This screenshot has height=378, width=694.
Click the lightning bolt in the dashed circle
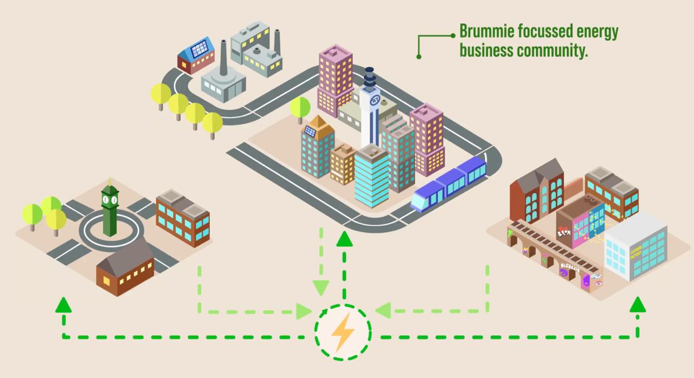click(343, 332)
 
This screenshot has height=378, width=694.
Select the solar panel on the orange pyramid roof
click(311, 131)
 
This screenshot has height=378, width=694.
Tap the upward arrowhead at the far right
click(638, 305)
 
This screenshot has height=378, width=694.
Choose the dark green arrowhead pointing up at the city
click(343, 239)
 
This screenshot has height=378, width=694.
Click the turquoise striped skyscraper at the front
click(372, 176)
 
